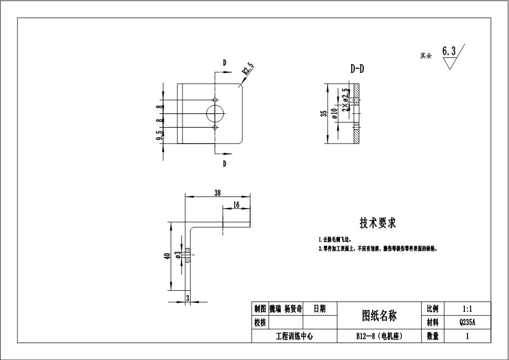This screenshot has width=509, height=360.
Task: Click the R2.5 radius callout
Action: tap(248, 69)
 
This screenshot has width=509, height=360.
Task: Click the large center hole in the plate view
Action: tap(216, 113)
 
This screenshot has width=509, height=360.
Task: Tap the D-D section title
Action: tap(357, 69)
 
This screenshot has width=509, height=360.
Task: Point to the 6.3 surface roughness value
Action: tap(449, 51)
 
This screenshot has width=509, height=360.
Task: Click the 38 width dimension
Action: tap(217, 193)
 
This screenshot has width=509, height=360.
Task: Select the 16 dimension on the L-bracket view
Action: tap(236, 204)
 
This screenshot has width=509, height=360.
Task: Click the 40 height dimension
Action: tap(167, 256)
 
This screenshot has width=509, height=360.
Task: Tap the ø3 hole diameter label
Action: tap(178, 255)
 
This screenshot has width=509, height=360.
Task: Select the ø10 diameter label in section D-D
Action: tap(334, 113)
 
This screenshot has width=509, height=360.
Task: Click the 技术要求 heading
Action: tap(377, 223)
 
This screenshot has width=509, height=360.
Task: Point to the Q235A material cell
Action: tap(467, 323)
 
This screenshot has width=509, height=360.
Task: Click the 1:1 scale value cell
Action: tap(467, 309)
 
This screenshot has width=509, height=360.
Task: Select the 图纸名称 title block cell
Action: tap(379, 315)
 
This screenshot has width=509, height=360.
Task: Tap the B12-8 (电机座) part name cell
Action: tap(379, 336)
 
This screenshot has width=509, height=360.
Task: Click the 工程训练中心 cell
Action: tap(294, 336)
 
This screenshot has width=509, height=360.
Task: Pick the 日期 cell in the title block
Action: tap(319, 309)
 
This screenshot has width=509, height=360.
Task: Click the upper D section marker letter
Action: tap(225, 63)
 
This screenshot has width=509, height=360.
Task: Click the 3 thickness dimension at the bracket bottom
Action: tap(188, 297)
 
